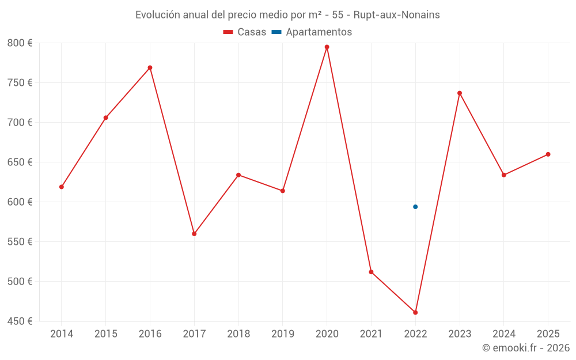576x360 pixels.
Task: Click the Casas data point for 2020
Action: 327,47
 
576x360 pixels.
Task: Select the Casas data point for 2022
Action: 415,312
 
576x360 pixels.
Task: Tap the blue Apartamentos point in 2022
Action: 415,207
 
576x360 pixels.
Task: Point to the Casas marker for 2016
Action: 150,67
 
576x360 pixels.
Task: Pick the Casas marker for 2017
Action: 194,234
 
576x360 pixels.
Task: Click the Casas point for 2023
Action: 460,93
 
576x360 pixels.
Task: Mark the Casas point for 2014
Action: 62,187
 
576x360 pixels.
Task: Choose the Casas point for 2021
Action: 371,272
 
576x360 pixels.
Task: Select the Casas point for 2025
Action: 548,154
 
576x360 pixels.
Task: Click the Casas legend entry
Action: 245,32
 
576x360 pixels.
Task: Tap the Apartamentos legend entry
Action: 312,32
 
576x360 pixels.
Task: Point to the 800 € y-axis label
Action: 20,43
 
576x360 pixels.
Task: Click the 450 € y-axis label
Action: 20,321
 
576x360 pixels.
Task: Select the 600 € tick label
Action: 20,202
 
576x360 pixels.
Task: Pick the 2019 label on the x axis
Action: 282,334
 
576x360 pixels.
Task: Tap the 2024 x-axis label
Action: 503,334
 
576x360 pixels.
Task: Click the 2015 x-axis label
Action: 106,334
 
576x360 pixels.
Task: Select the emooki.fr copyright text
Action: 525,348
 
